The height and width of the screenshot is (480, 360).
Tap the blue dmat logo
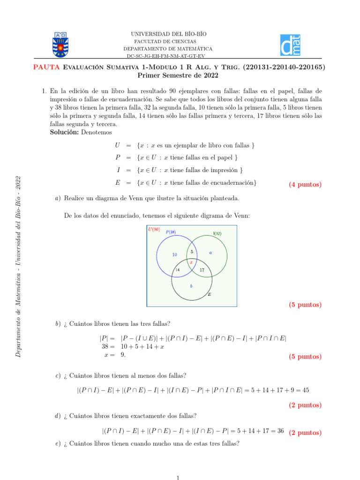[x=290, y=45]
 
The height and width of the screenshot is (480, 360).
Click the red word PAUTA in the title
[x=46, y=67]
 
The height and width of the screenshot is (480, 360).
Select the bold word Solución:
[x=65, y=132]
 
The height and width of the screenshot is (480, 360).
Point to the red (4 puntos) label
[x=305, y=184]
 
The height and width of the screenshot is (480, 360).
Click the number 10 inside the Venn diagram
[x=174, y=255]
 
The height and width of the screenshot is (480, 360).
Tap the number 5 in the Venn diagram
[x=192, y=252]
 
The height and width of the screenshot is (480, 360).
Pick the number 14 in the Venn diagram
[x=177, y=270]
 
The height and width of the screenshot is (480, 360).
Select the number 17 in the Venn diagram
[x=202, y=270]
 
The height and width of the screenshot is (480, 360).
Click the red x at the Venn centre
[x=191, y=262]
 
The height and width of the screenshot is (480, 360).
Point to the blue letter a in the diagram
[x=210, y=252]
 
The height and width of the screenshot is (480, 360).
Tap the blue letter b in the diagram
[x=191, y=285]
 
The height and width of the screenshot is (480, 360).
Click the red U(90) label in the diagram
[x=154, y=229]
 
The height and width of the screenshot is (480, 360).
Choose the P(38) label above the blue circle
[x=171, y=232]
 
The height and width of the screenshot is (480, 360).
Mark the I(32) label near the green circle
[x=217, y=233]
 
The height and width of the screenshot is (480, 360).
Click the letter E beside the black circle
[x=209, y=295]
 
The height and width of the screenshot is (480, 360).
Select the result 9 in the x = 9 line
[x=123, y=355]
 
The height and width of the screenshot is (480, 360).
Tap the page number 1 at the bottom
[x=178, y=477]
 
